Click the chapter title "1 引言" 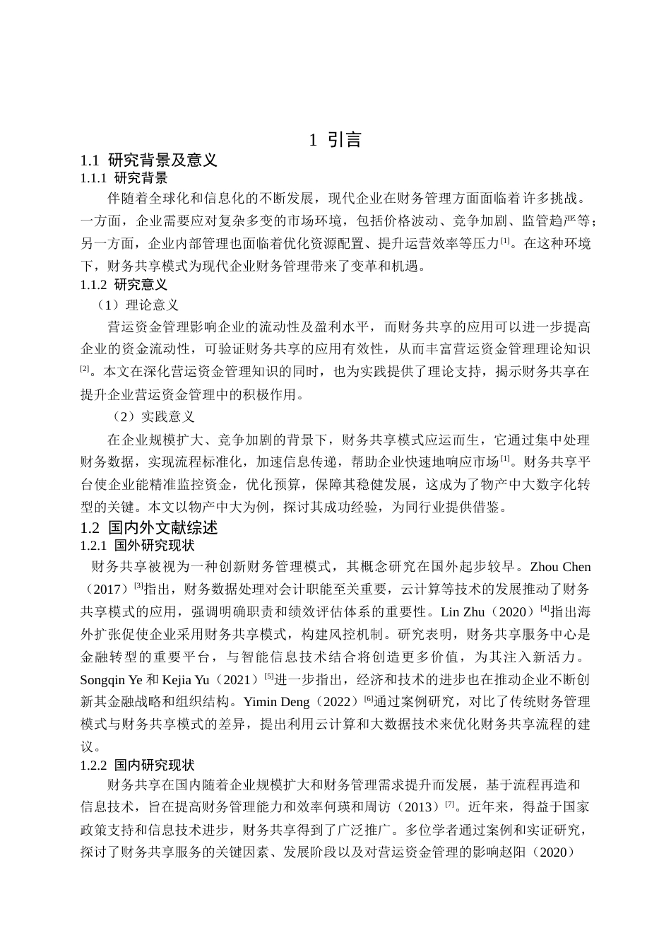pos(335,140)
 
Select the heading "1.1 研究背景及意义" pos(149,160)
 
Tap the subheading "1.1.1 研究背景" pos(124,177)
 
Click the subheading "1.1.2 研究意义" pos(124,285)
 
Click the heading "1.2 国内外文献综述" pos(149,528)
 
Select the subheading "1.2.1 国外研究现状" pos(138,546)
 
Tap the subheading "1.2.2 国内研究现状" pos(138,765)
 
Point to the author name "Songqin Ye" pos(112,680)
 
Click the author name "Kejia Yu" pos(187,680)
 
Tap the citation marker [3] pos(138,586)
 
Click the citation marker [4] pos(545,609)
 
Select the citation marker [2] pos(85,369)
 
